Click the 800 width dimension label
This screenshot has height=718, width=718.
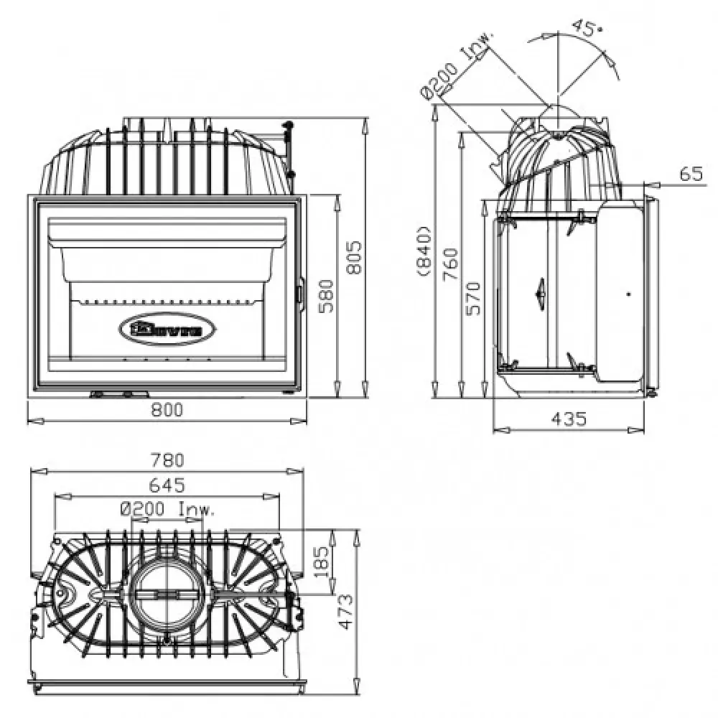click(167, 410)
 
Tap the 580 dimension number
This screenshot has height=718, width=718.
click(327, 294)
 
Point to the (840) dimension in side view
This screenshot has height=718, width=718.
click(424, 251)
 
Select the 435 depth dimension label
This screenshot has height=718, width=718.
click(570, 418)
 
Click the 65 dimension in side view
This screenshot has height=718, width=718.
click(691, 173)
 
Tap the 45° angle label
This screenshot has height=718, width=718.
click(585, 28)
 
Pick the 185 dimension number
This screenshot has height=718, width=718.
click(321, 562)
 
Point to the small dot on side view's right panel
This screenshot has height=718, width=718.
click(628, 294)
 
